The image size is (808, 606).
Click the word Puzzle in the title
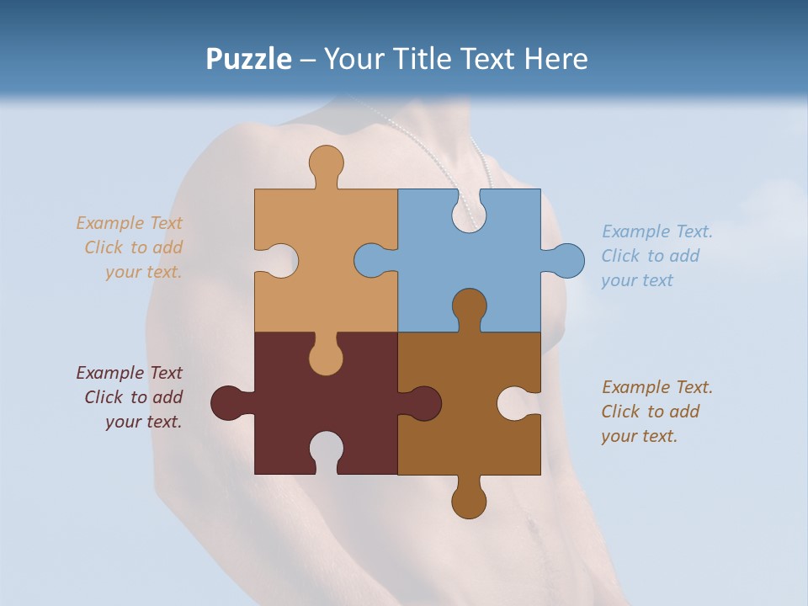[249, 59]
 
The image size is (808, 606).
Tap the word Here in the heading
[556, 59]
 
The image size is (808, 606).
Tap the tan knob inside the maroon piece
[326, 357]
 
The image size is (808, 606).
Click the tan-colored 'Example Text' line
[129, 223]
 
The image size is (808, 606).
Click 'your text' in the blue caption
[637, 280]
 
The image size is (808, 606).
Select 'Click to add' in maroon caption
[133, 397]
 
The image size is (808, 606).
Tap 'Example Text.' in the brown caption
[656, 387]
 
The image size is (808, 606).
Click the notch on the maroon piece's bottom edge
[326, 449]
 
